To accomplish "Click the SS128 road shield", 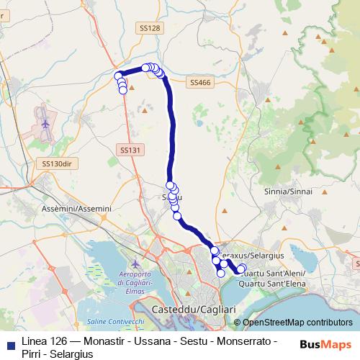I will pyautogui.click(x=149, y=27).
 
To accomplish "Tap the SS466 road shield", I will pyautogui.click(x=201, y=83).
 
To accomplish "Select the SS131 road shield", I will pyautogui.click(x=128, y=150).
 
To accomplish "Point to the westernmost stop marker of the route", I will pyautogui.click(x=118, y=75).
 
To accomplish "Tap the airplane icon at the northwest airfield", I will pyautogui.click(x=46, y=122).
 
